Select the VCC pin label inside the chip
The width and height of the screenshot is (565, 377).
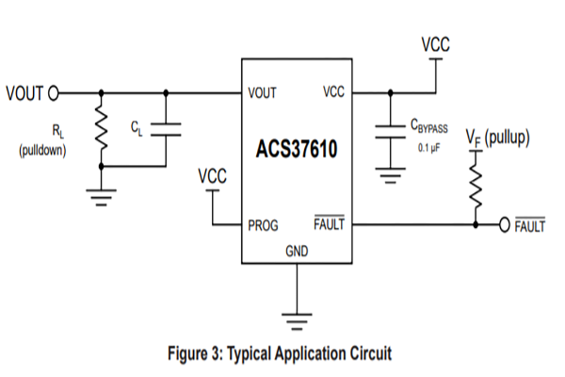(333, 92)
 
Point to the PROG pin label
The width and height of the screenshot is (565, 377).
(263, 226)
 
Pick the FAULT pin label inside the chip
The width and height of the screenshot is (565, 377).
(329, 225)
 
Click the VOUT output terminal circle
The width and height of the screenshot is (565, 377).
(53, 92)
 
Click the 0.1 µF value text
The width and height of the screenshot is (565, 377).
(428, 148)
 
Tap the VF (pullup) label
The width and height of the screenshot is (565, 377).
(500, 138)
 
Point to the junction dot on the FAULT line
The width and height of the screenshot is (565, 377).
(476, 226)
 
